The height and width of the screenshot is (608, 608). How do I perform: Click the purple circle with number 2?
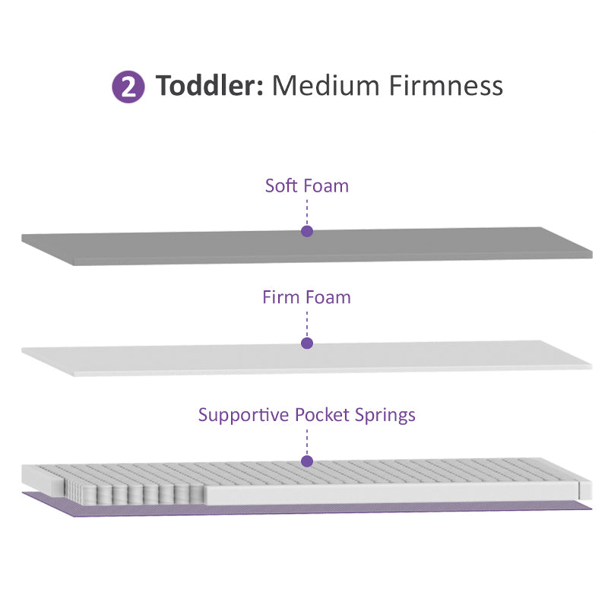[128, 87]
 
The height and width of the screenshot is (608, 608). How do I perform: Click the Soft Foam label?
[306, 185]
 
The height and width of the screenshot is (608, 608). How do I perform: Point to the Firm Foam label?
[306, 296]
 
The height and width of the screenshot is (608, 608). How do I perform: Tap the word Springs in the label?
[387, 416]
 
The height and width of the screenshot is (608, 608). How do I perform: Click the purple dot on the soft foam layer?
[307, 231]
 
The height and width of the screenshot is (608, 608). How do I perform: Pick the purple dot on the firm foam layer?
[307, 344]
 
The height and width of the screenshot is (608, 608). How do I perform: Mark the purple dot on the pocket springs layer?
[307, 461]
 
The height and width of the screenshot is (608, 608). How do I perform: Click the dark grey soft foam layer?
[190, 247]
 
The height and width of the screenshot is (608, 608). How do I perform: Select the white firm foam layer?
[190, 359]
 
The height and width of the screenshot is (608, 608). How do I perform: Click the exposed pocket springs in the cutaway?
[137, 490]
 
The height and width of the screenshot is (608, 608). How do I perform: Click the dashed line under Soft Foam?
[307, 211]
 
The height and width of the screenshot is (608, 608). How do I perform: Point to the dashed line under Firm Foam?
[307, 324]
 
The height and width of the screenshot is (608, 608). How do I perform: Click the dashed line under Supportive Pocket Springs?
[307, 441]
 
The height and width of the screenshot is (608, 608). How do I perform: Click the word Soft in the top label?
[282, 185]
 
